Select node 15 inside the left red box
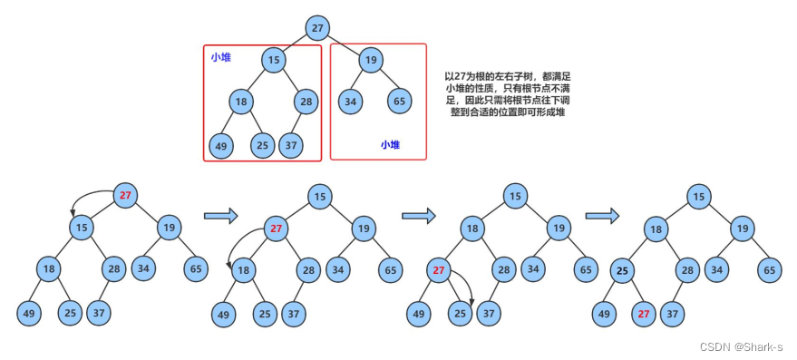coord(273,61)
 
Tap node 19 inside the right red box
coord(369,61)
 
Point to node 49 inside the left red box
coord(220,144)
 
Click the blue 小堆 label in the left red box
coord(220,57)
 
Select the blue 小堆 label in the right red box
coord(390,144)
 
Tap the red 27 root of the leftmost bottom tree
coord(126,195)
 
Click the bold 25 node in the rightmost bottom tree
coord(621,270)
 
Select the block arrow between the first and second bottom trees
coord(220,216)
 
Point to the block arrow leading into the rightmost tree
coord(602,216)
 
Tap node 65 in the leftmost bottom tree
coord(196,268)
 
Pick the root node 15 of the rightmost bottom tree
coord(697,196)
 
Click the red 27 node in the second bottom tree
coord(277,229)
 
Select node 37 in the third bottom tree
coord(489,314)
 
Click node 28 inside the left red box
coord(306,101)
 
